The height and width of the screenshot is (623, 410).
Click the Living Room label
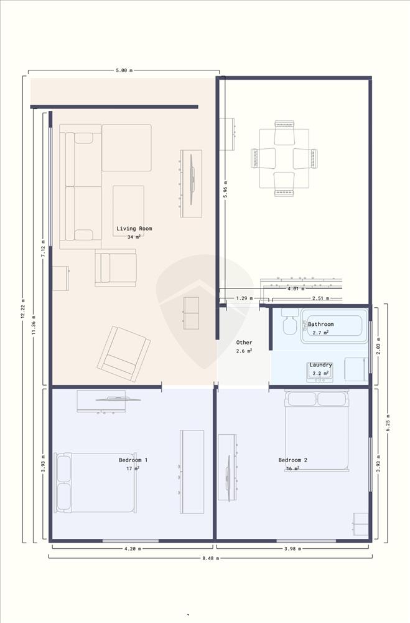coord(134,229)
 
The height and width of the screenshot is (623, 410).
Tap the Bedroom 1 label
coord(133,460)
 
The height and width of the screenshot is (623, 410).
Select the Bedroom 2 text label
coord(293,460)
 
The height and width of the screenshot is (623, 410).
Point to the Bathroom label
coord(320,324)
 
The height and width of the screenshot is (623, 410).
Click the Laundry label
coord(320,364)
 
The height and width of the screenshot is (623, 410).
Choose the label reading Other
coord(244,343)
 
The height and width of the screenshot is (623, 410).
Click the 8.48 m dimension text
coord(211,558)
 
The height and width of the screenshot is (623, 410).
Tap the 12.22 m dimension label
coord(22,309)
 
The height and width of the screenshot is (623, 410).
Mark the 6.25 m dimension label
coord(388,423)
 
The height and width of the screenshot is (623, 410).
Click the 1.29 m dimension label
coord(245,298)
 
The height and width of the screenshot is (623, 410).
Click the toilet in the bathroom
coord(290,321)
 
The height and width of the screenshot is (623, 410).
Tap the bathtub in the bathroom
coord(334,326)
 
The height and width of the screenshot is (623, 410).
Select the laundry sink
coord(320,373)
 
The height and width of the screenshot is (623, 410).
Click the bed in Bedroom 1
coord(96,483)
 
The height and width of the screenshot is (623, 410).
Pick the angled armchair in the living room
coord(124,354)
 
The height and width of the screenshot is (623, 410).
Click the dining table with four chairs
coord(284,158)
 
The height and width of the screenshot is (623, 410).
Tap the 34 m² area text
coord(134,237)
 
